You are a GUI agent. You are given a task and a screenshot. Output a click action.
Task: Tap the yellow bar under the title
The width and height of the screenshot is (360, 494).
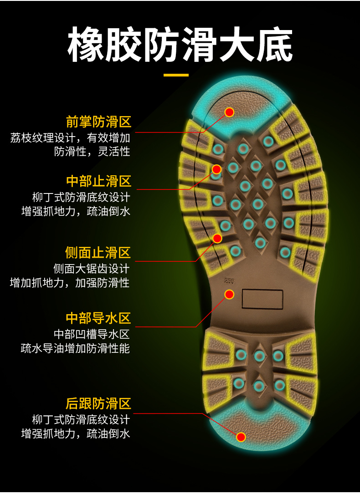(x=176, y=75)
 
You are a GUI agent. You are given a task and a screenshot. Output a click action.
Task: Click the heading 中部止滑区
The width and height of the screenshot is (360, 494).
(x=98, y=181)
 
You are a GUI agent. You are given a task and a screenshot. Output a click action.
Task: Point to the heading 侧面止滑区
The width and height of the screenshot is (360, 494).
(x=98, y=253)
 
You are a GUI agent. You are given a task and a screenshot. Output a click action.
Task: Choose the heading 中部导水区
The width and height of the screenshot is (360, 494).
(x=98, y=318)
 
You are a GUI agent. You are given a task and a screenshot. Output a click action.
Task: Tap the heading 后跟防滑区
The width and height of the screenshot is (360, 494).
(x=98, y=403)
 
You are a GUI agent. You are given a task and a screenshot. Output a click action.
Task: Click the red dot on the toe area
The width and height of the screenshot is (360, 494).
(x=229, y=112)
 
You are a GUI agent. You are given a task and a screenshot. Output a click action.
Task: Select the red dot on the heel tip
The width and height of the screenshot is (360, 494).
(x=241, y=437)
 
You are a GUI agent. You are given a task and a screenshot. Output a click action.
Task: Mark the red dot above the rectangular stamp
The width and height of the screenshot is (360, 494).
(x=229, y=294)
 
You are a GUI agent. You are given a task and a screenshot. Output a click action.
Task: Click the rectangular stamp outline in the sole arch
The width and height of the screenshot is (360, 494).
(x=262, y=299)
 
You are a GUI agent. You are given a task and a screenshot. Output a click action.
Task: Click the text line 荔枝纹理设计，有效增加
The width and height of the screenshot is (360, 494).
(x=70, y=138)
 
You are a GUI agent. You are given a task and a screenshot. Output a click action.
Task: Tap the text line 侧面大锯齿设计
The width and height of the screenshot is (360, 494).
(x=91, y=269)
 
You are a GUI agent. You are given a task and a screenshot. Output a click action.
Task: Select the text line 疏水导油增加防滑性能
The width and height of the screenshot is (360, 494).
(x=75, y=349)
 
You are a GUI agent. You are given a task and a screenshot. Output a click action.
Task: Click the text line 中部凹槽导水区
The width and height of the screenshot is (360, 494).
(x=91, y=334)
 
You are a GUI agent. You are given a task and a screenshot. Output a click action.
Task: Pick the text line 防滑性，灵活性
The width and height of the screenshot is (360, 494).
(x=92, y=152)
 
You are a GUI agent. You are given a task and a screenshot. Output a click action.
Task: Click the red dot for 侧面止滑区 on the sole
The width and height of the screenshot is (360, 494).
(x=217, y=238)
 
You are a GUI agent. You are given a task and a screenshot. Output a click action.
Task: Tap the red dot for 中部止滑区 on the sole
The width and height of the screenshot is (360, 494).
(x=217, y=169)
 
